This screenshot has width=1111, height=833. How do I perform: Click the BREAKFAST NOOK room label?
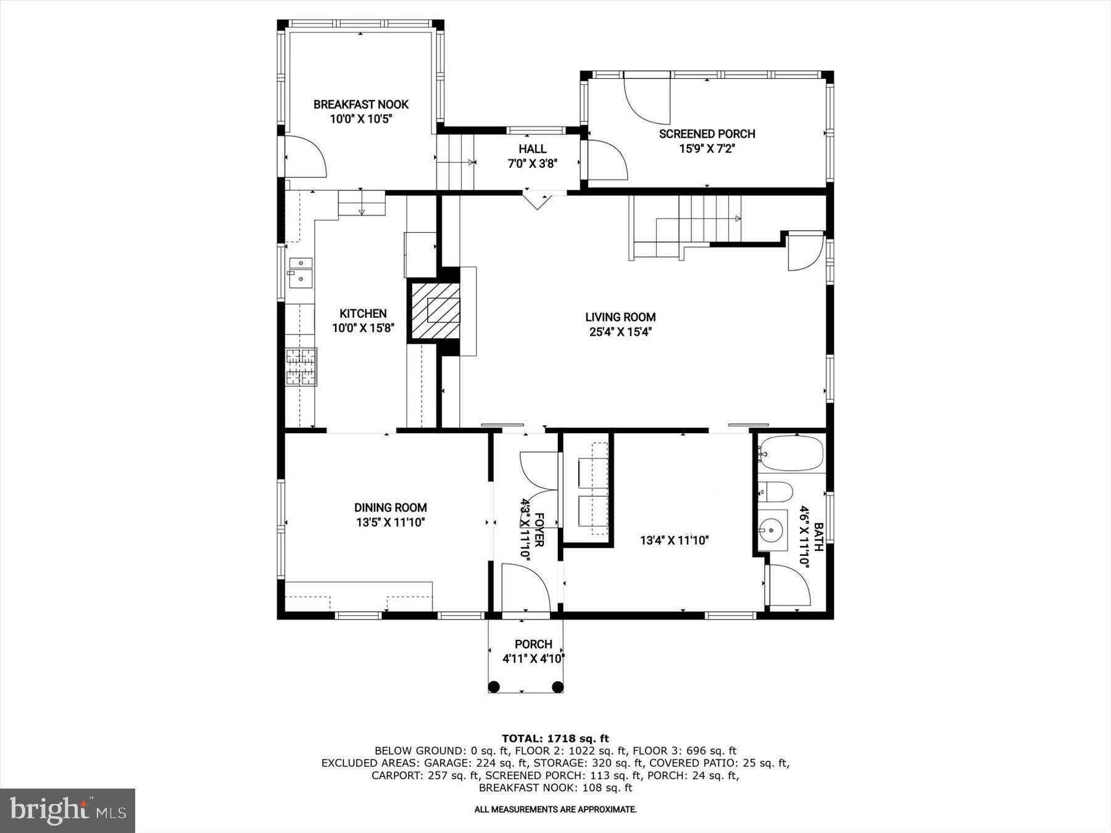pyautogui.click(x=361, y=104)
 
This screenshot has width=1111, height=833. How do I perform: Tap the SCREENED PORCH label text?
pyautogui.click(x=707, y=134)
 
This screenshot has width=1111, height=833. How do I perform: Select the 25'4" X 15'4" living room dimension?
pyautogui.click(x=620, y=332)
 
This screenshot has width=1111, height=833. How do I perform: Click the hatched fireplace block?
pyautogui.click(x=435, y=310)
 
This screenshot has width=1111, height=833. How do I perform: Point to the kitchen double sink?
pyautogui.click(x=301, y=273)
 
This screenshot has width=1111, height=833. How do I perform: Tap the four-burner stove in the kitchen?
pyautogui.click(x=301, y=367)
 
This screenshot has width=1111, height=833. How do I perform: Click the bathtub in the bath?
pyautogui.click(x=792, y=454)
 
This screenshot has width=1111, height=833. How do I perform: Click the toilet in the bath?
pyautogui.click(x=775, y=492)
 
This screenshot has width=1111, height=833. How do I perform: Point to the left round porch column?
pyautogui.click(x=494, y=687)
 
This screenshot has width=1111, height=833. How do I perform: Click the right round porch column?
pyautogui.click(x=557, y=687)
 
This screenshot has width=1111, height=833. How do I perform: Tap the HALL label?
pyautogui.click(x=532, y=149)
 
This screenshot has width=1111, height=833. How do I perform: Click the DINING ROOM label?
pyautogui.click(x=390, y=508)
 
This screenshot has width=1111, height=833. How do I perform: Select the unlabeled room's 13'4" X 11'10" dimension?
pyautogui.click(x=674, y=541)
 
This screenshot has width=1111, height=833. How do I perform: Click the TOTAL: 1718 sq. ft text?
pyautogui.click(x=555, y=738)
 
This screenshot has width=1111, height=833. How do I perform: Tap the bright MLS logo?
pyautogui.click(x=67, y=810)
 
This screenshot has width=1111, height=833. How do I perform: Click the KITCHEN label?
pyautogui.click(x=363, y=313)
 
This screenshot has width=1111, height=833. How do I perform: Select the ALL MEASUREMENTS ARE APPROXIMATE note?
pyautogui.click(x=555, y=809)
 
